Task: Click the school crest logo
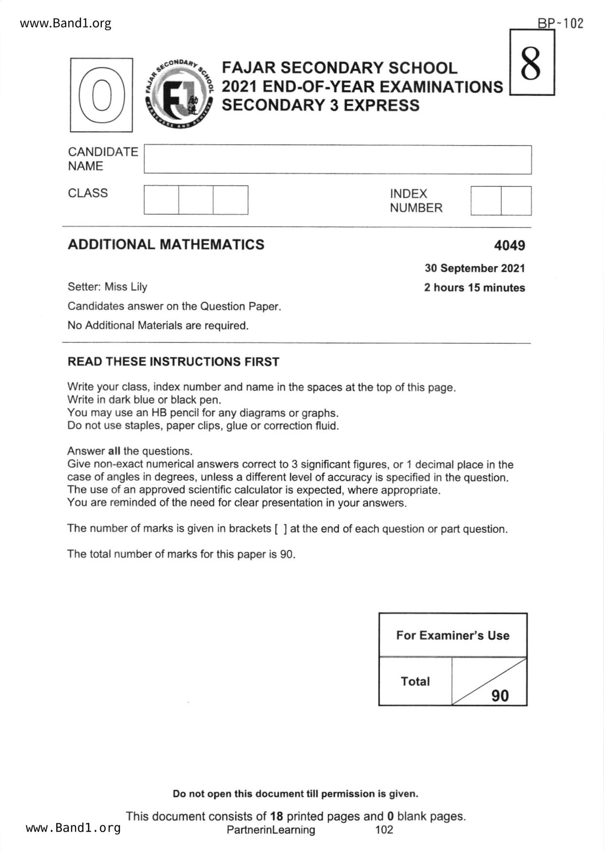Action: click(x=179, y=94)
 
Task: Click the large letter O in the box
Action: click(x=101, y=95)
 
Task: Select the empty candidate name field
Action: click(x=337, y=159)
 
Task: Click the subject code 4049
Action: click(x=509, y=245)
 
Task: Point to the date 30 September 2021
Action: click(x=474, y=268)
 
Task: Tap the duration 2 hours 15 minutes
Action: click(x=474, y=288)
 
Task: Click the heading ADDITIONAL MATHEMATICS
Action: click(x=166, y=244)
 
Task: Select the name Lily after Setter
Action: click(x=138, y=287)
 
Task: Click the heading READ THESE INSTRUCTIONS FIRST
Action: click(x=173, y=362)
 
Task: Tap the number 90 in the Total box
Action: click(x=500, y=696)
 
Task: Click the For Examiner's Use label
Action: click(x=453, y=635)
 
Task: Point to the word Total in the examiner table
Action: click(x=415, y=681)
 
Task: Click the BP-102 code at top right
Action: click(x=560, y=23)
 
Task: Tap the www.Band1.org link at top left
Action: click(x=65, y=23)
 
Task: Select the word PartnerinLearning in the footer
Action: click(x=271, y=830)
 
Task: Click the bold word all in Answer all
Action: click(x=114, y=451)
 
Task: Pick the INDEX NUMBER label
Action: click(x=415, y=201)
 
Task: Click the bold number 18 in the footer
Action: click(x=276, y=816)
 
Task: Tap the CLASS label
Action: click(x=88, y=193)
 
